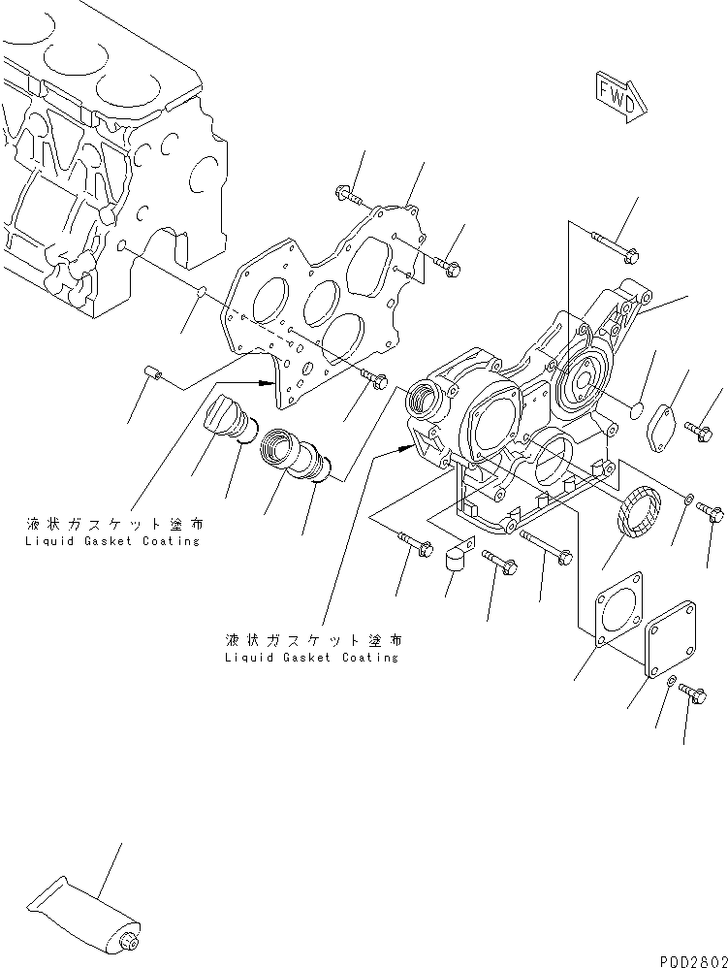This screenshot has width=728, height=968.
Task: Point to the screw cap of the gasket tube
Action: coord(128,939)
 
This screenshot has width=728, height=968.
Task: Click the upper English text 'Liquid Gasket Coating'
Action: coord(113,541)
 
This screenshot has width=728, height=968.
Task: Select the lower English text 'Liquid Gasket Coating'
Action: coord(310,657)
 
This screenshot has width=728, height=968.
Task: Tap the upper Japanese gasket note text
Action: coord(114,524)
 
